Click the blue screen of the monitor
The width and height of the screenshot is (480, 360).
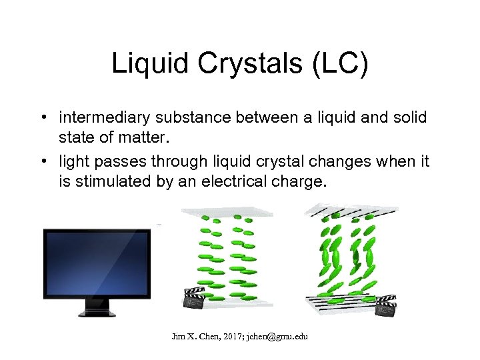[97, 263]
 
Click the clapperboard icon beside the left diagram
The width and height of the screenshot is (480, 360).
[193, 297]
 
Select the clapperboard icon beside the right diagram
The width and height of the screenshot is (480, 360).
[386, 305]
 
